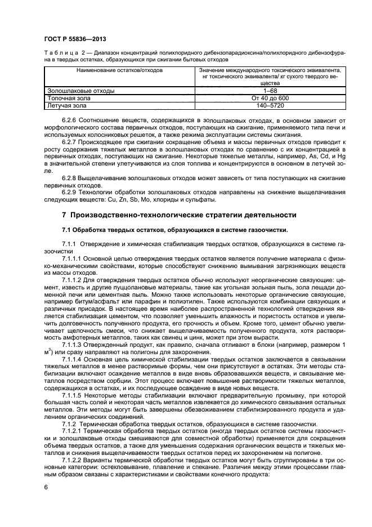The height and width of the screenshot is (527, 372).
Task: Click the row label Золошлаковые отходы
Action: coord(73,90)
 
